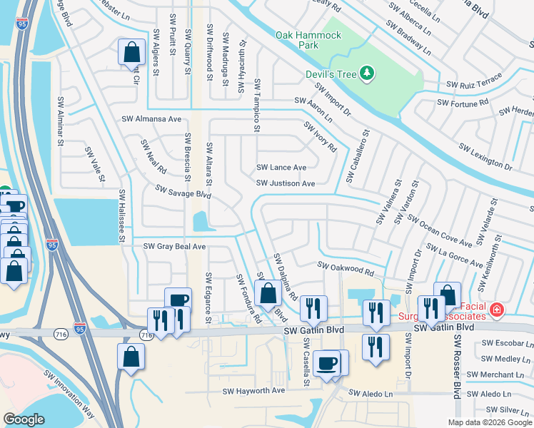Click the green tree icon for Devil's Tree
366,72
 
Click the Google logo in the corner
24,419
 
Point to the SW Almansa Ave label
151,119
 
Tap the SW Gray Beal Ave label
174,246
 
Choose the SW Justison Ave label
286,183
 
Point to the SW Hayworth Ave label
253,391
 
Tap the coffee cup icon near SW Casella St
328,364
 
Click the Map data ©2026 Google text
489,422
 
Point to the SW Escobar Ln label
505,342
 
